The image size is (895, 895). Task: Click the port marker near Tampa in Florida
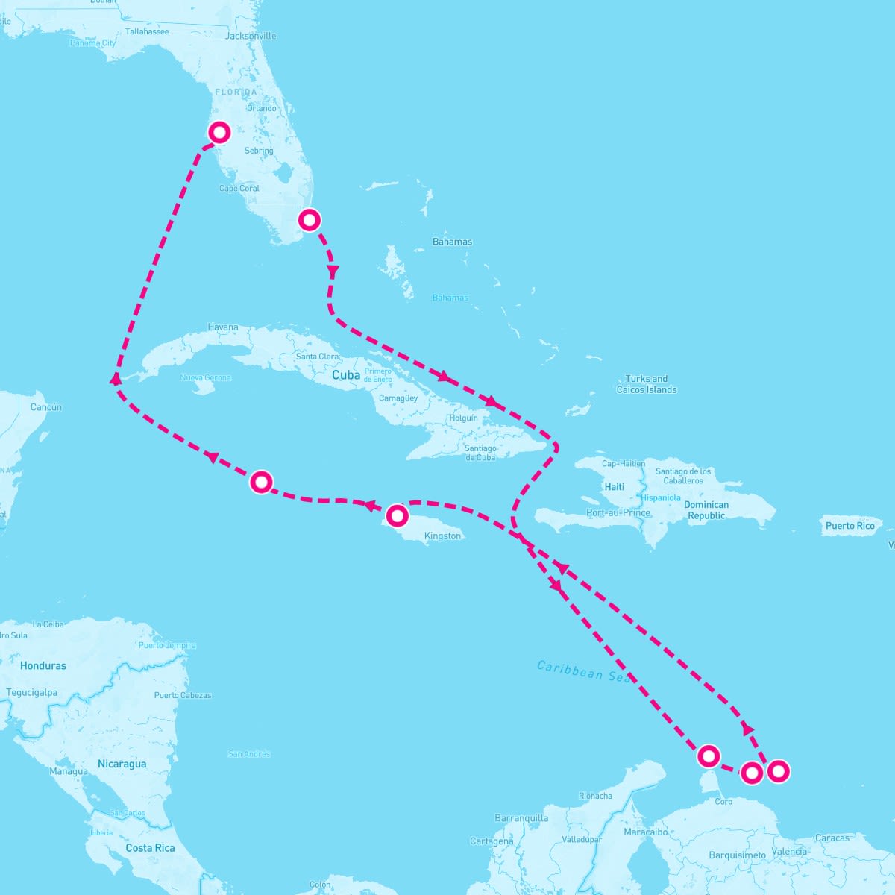coord(219,132)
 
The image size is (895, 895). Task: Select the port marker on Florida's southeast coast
coord(310,219)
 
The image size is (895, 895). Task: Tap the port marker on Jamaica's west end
coord(397,515)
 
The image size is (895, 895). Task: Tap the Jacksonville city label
coord(251,36)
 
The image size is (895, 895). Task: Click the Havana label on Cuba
coord(223,327)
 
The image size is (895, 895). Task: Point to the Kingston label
coord(442,536)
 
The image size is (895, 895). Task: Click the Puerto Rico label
coord(850,526)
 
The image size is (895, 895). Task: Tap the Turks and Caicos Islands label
coord(647,384)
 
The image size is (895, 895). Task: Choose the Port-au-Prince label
coord(618,513)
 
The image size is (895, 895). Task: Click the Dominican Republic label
coord(706,510)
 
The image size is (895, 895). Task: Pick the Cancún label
coord(46,407)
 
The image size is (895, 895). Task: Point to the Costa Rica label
coord(150,848)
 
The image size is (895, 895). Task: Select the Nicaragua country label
coord(122,764)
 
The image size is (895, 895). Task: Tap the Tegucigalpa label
coord(32,693)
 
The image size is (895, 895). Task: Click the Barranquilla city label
coord(521,818)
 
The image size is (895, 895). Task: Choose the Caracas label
coord(832,838)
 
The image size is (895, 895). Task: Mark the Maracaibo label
coord(646,832)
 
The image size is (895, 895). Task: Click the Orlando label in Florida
coord(262,108)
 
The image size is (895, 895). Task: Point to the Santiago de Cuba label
coord(480,453)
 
